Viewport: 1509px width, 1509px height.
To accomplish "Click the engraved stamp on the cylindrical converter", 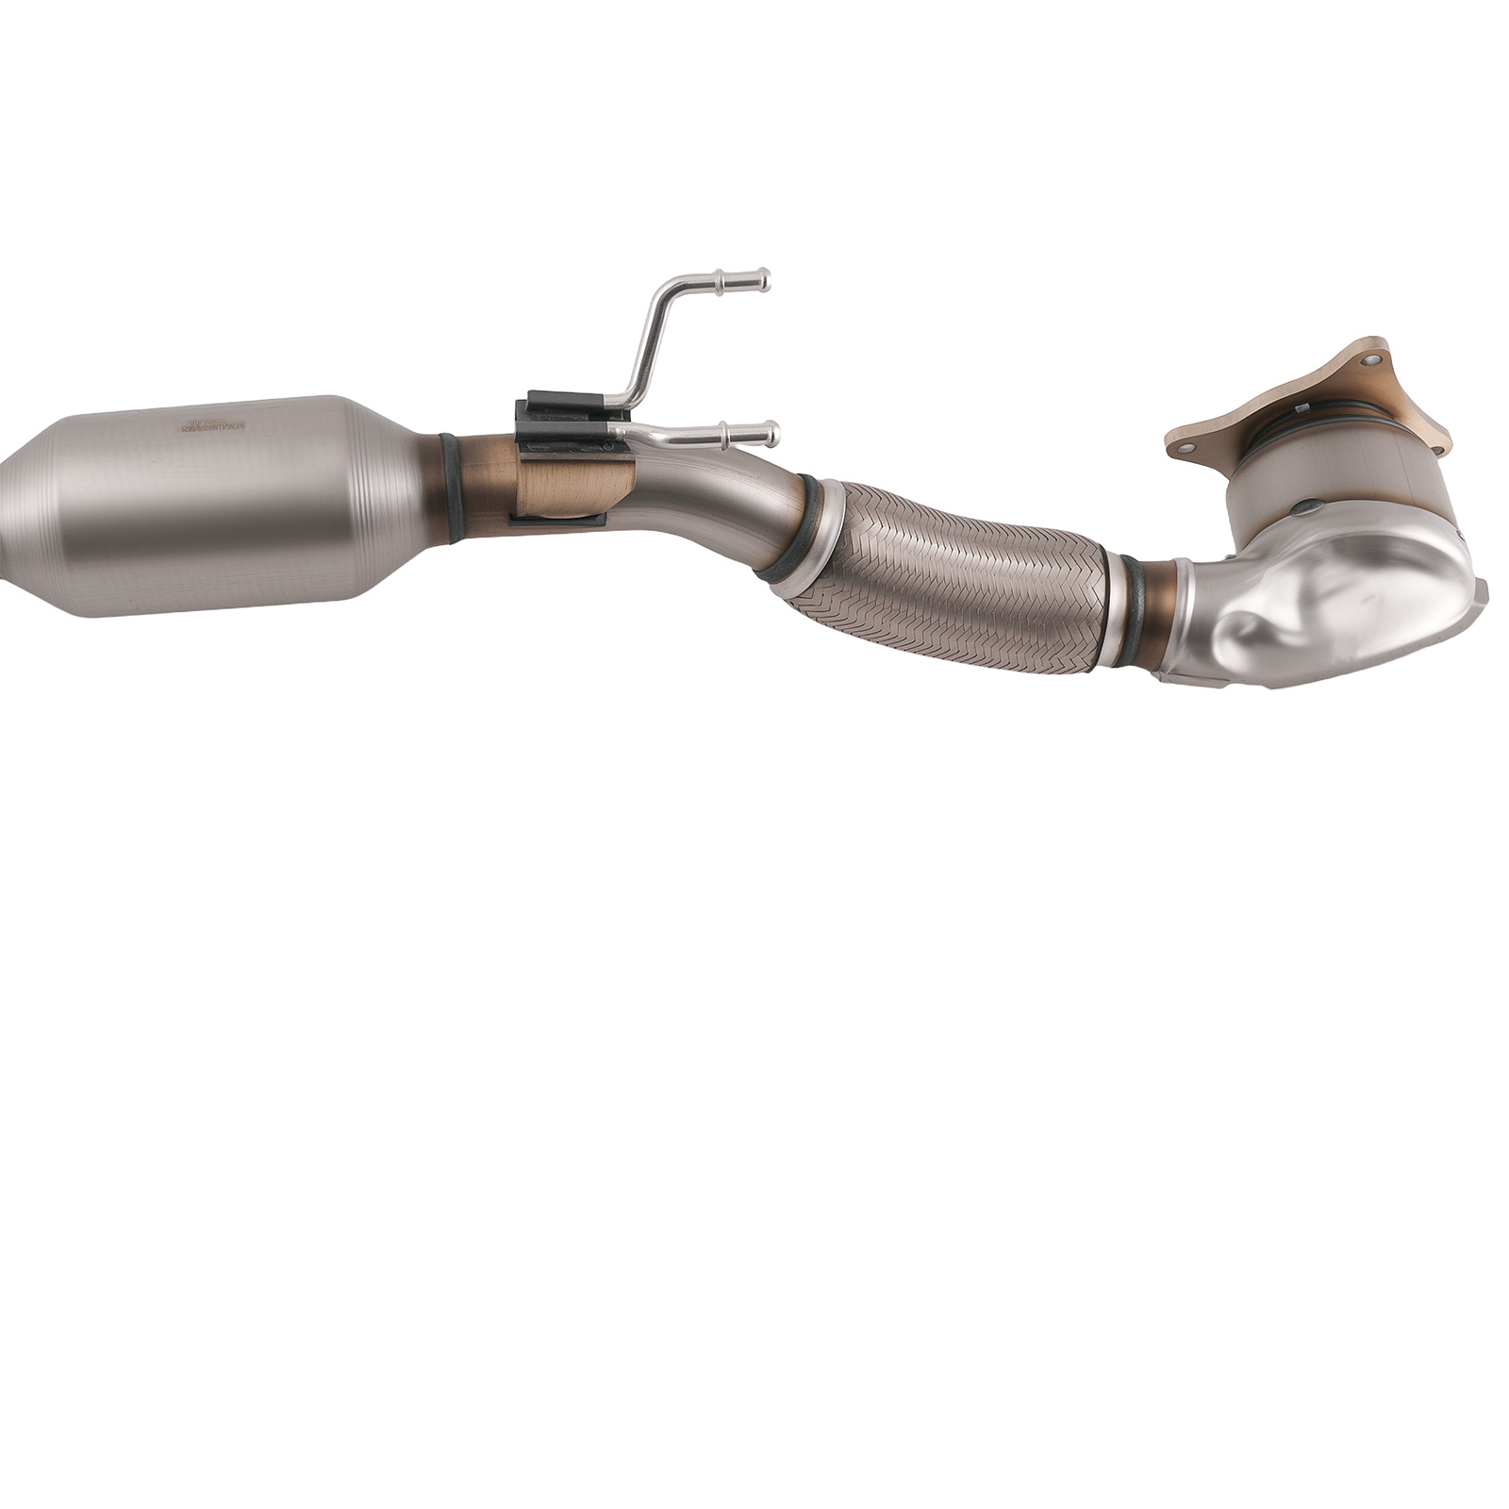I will (212, 426).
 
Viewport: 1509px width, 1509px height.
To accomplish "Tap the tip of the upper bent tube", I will (765, 279).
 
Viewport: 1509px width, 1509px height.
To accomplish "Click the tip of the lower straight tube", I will (774, 433).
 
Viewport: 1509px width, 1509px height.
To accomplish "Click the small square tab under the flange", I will (1301, 407).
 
